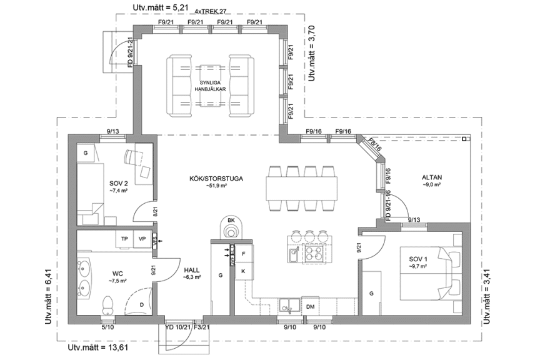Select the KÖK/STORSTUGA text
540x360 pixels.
tap(216, 179)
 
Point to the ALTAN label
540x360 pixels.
tap(432, 177)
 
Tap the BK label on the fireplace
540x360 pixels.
tap(231, 221)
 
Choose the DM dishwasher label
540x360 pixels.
tap(310, 306)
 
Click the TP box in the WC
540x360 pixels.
tap(124, 239)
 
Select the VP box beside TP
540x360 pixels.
tap(142, 239)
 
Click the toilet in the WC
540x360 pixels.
tap(107, 304)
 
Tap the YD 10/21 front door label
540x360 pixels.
tap(177, 326)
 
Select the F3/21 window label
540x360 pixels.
tap(201, 326)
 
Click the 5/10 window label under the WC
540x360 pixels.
tap(108, 326)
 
